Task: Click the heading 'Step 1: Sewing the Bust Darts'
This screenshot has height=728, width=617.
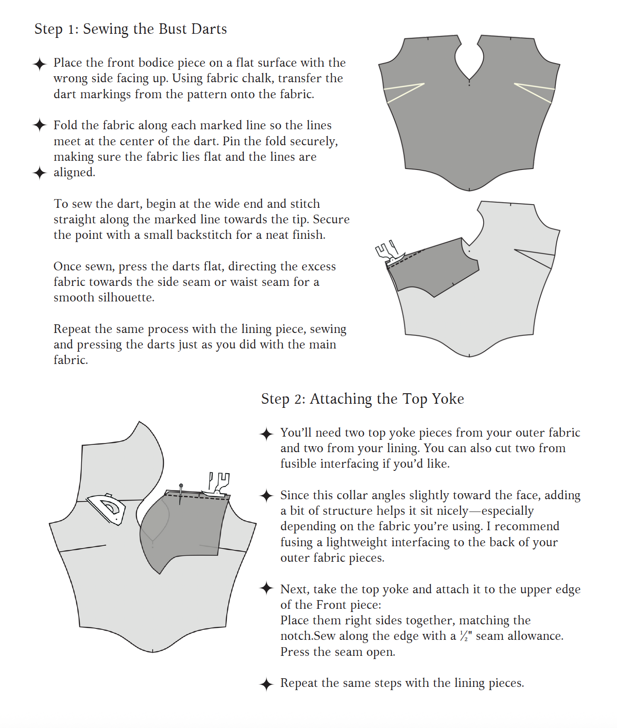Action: click(x=131, y=29)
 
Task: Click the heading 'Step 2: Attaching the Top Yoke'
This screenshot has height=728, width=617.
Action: click(x=362, y=399)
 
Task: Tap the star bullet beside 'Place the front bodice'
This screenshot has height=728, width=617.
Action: click(x=40, y=64)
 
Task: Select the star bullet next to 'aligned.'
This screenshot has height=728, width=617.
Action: click(x=40, y=173)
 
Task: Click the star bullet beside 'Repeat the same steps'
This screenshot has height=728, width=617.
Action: click(x=266, y=684)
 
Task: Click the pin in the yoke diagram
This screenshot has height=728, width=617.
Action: click(x=181, y=492)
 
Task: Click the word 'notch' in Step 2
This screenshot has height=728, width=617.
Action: click(x=296, y=636)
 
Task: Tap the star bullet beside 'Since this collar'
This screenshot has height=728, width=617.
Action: click(x=266, y=496)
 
